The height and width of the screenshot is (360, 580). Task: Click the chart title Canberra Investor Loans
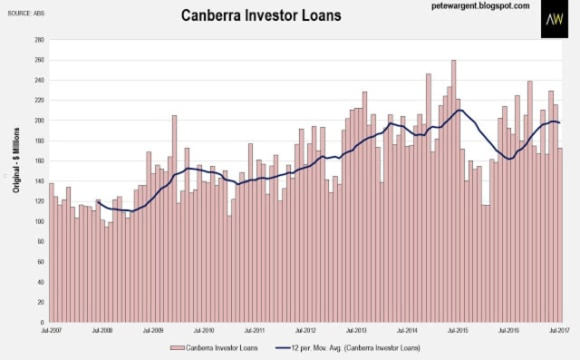[260, 15]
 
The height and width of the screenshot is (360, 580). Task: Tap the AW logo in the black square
[554, 19]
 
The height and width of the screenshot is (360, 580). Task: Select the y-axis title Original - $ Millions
[16, 160]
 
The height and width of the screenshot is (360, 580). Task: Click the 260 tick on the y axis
[39, 60]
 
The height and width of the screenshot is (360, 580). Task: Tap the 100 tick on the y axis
[39, 221]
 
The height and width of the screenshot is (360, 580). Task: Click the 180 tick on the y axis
[39, 141]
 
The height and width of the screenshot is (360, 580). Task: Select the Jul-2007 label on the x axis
[48, 330]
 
